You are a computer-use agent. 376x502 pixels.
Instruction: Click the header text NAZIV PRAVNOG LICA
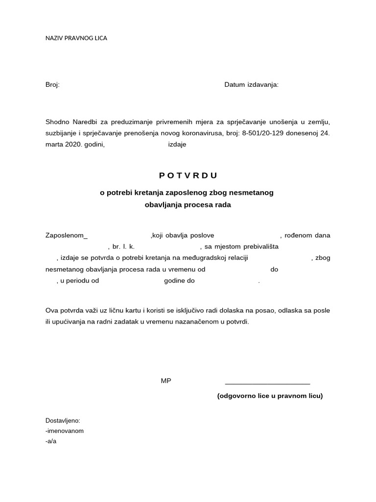tap(76, 38)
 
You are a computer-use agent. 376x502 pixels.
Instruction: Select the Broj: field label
tap(52, 85)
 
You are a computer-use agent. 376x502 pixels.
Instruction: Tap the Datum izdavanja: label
tap(251, 85)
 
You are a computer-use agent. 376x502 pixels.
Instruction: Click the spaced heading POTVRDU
tap(188, 176)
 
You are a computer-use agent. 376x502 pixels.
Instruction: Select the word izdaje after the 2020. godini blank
tap(177, 145)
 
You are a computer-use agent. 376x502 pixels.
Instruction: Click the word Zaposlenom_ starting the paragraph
tap(66, 235)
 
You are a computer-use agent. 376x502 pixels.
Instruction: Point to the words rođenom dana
tap(308, 235)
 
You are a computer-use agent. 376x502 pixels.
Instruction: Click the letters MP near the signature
tap(166, 381)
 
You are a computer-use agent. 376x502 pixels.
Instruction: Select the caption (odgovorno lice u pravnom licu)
tap(270, 396)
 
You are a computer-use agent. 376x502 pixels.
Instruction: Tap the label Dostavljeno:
tap(62, 421)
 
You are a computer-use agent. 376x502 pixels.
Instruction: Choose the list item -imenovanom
tap(64, 431)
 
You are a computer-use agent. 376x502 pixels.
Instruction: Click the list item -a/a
tap(51, 441)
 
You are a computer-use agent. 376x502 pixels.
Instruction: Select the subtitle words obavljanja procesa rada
tap(188, 205)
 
